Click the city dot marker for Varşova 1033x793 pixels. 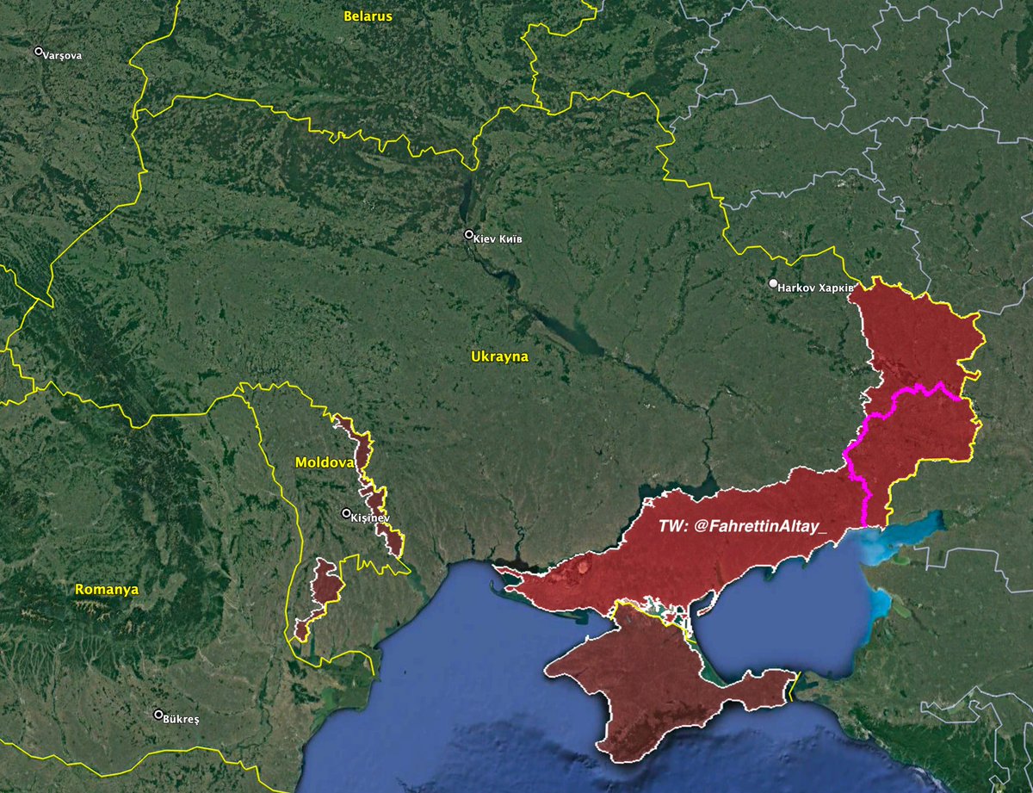tap(39, 52)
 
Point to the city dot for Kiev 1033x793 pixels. tap(469, 234)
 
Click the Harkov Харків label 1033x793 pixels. tap(816, 287)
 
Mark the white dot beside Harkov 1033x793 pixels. tap(774, 283)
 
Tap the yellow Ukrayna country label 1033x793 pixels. tap(499, 356)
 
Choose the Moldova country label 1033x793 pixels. tap(325, 462)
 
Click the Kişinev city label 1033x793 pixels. tap(371, 517)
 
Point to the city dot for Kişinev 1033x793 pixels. tap(346, 514)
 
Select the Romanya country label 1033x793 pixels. tap(107, 590)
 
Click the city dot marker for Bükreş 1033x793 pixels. tap(158, 715)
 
